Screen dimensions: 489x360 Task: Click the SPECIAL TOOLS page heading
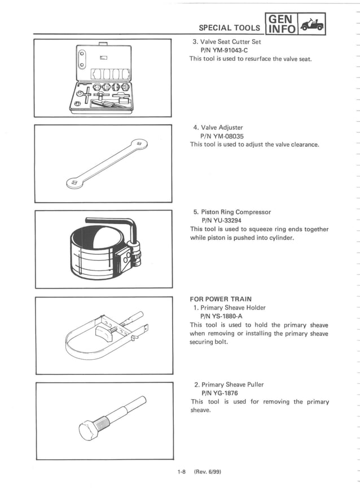coord(230,28)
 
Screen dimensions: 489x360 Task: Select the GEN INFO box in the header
coord(282,23)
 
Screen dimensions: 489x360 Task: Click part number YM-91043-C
coord(225,50)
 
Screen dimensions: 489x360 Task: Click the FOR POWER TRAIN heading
coord(221,299)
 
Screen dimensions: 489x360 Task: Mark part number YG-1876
coord(219,393)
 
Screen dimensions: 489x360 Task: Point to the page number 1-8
coord(181,471)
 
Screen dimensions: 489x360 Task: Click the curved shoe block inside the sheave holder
coord(104,328)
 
